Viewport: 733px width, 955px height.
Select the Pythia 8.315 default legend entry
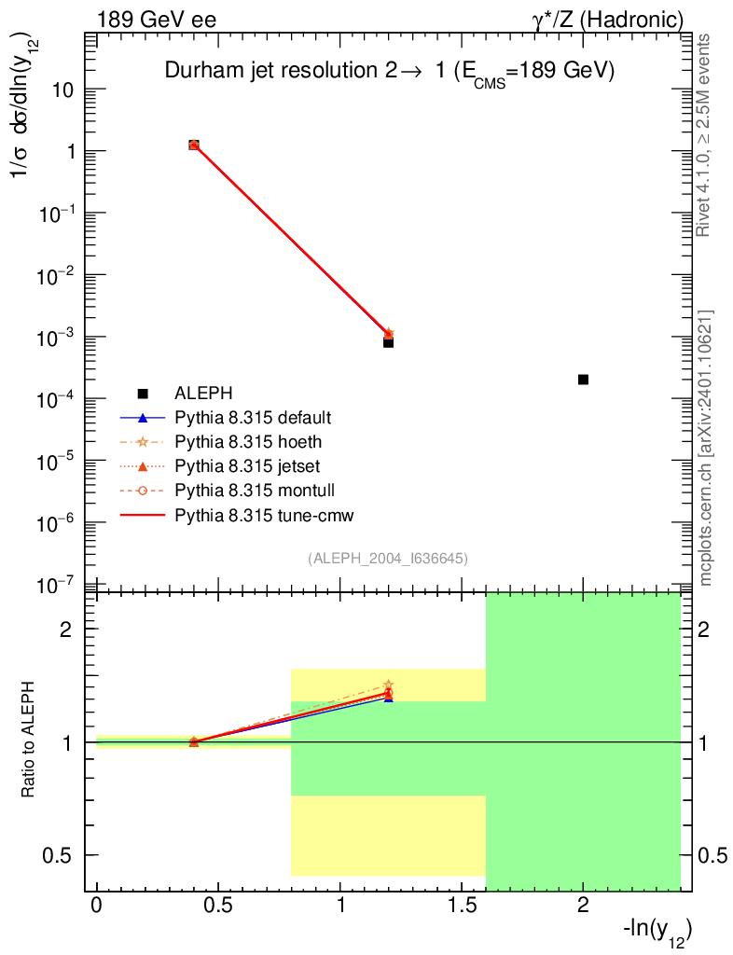[253, 417]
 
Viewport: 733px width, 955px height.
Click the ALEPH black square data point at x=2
[583, 380]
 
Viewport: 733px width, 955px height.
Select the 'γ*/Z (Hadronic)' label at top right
[615, 20]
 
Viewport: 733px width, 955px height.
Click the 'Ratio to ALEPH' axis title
[31, 741]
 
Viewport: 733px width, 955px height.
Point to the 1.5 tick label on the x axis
[462, 906]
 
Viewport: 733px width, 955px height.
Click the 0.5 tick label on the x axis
[218, 906]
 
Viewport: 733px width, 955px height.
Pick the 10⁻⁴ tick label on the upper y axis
[63, 398]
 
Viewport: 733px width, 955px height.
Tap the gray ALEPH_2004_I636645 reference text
[388, 558]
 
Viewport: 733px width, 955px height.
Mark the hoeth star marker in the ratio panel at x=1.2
[388, 685]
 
